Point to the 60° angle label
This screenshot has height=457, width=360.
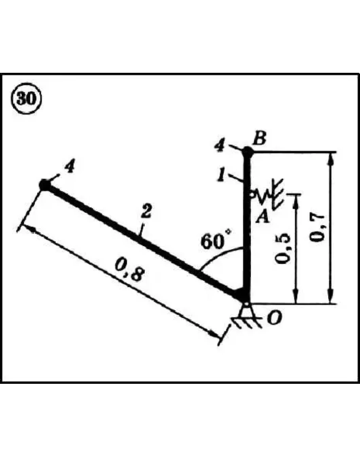point(216,241)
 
